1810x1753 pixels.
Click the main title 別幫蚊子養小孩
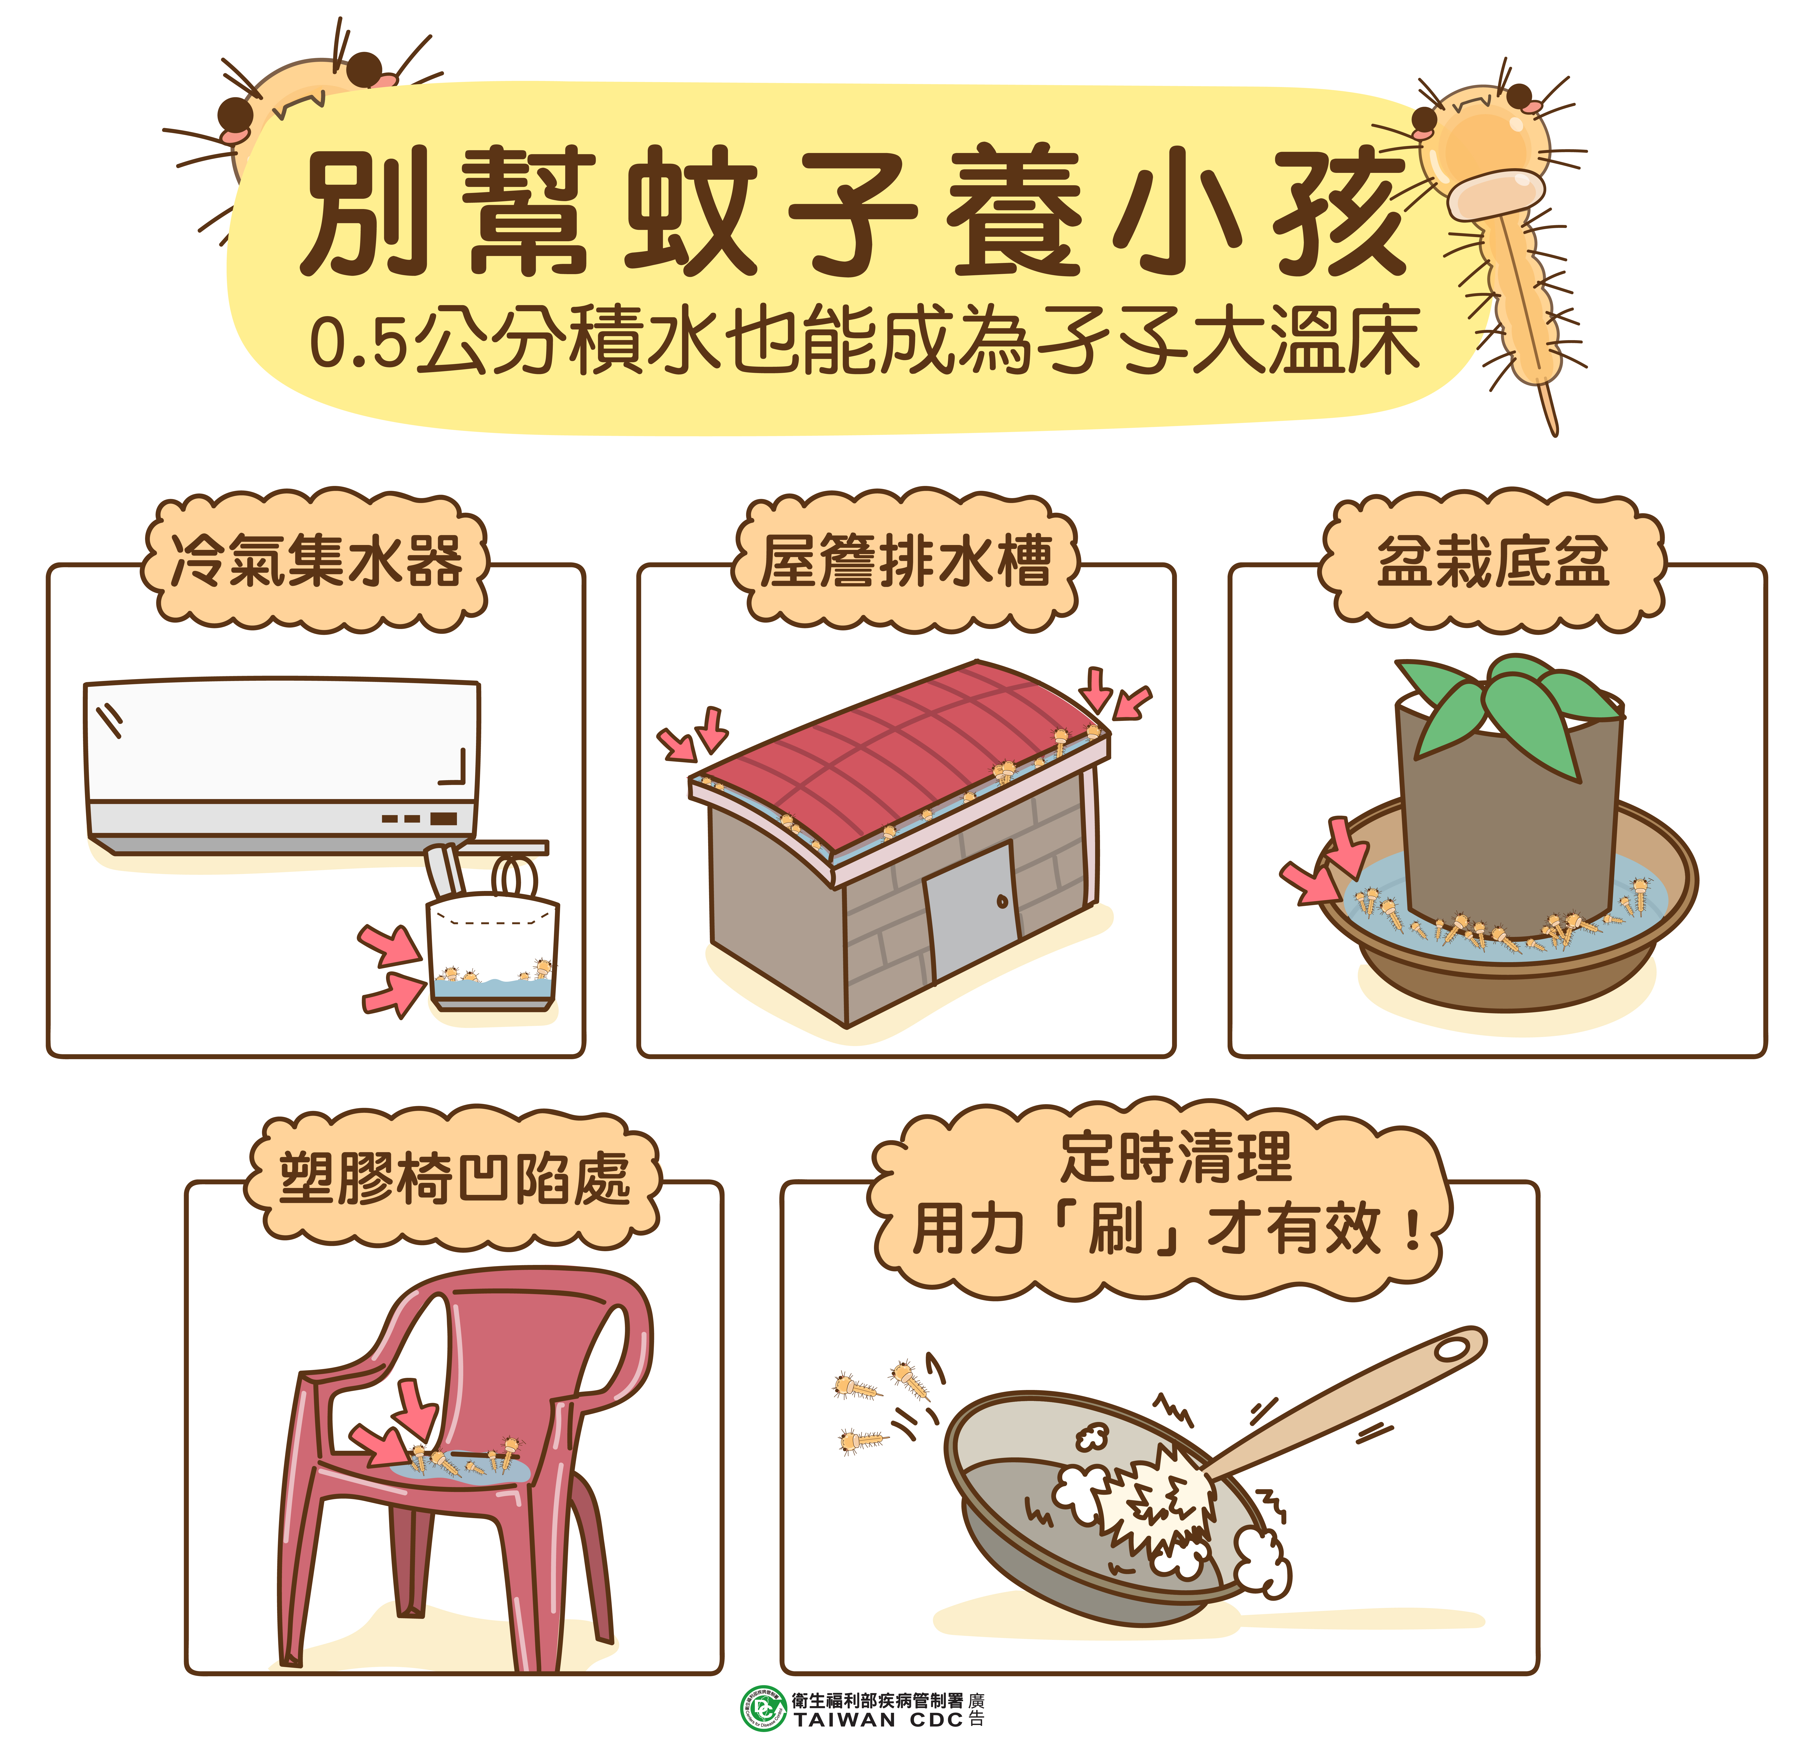click(854, 213)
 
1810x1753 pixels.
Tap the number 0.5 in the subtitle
click(358, 344)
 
